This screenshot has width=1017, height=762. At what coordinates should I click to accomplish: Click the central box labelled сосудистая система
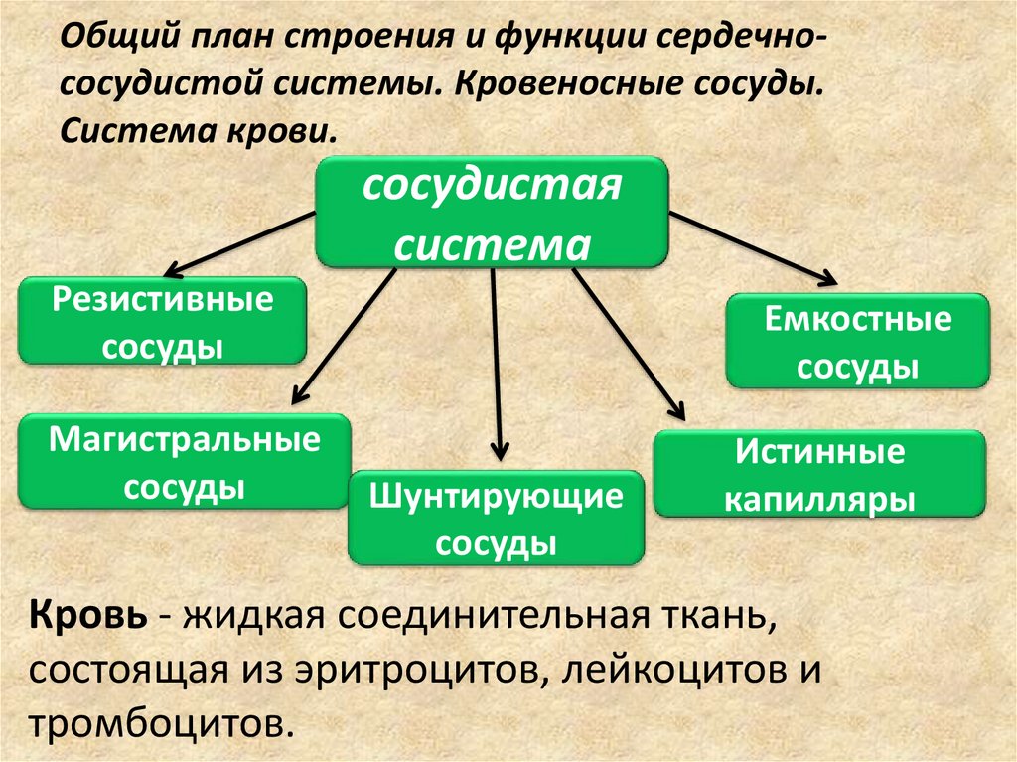click(492, 212)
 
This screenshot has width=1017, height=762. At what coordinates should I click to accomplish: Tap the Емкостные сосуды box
click(857, 341)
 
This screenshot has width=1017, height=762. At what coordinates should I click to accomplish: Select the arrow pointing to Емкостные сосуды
click(754, 245)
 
